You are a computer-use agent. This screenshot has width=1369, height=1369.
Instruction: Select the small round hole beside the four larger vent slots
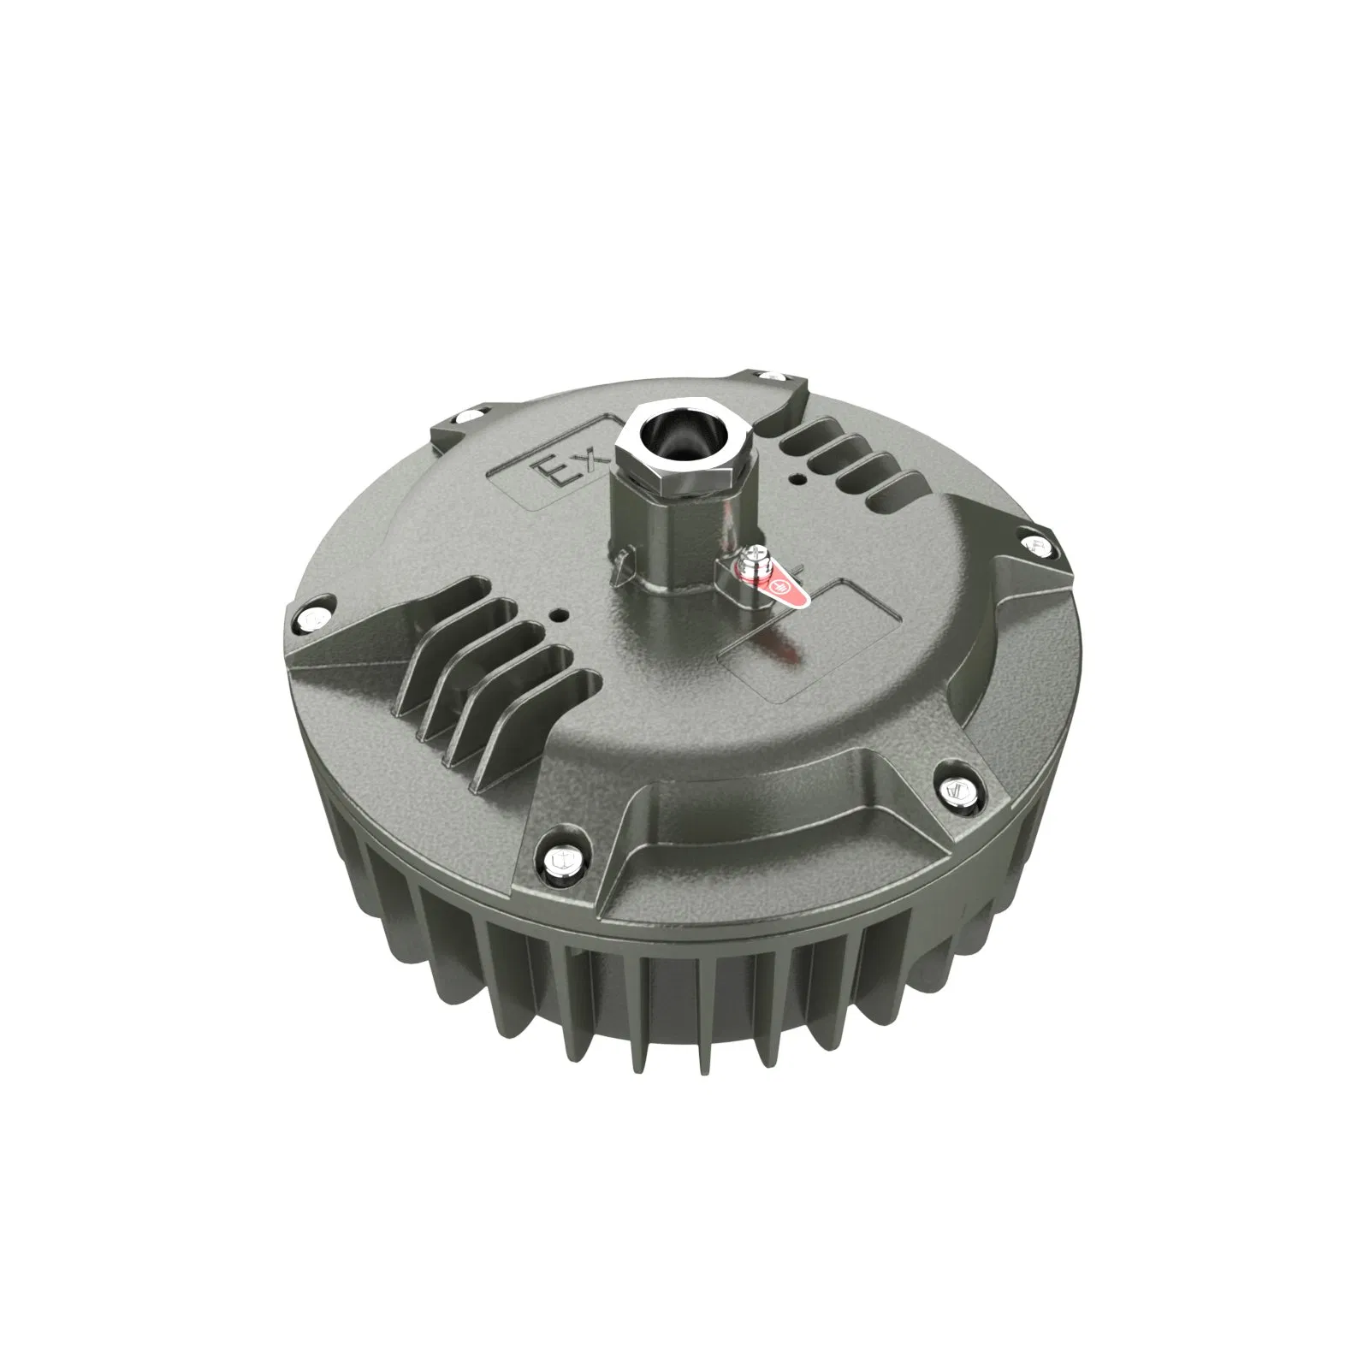(x=558, y=614)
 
